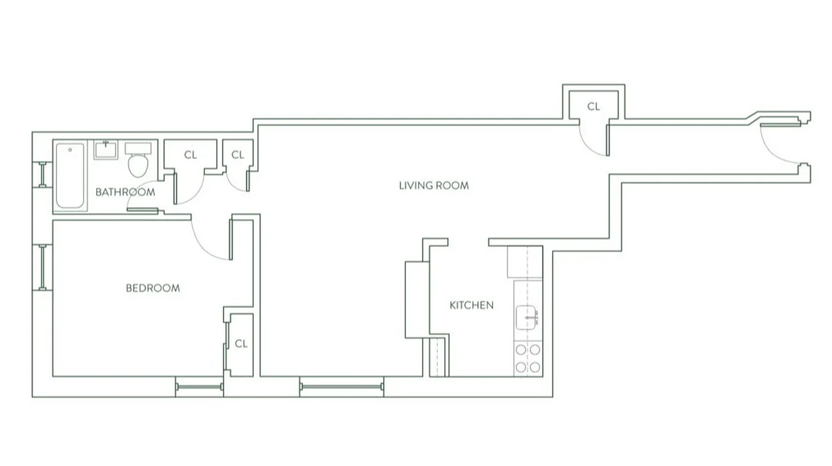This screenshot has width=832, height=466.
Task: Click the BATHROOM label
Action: click(125, 192)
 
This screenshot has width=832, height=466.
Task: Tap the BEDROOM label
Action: click(153, 288)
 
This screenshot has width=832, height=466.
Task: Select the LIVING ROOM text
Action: click(434, 186)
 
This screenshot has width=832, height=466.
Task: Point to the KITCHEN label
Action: click(471, 305)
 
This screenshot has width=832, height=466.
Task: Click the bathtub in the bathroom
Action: click(70, 175)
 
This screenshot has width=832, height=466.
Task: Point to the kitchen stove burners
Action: click(527, 358)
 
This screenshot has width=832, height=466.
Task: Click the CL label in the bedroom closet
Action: click(241, 344)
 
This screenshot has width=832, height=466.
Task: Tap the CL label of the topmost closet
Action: click(593, 107)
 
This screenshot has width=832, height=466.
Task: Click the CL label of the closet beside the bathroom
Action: click(190, 155)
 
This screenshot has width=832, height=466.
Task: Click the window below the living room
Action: click(342, 386)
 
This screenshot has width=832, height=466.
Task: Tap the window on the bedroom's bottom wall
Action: click(199, 386)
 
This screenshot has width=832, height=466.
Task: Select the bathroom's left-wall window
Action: click(42, 174)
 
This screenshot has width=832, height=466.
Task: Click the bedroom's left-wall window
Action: click(42, 267)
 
